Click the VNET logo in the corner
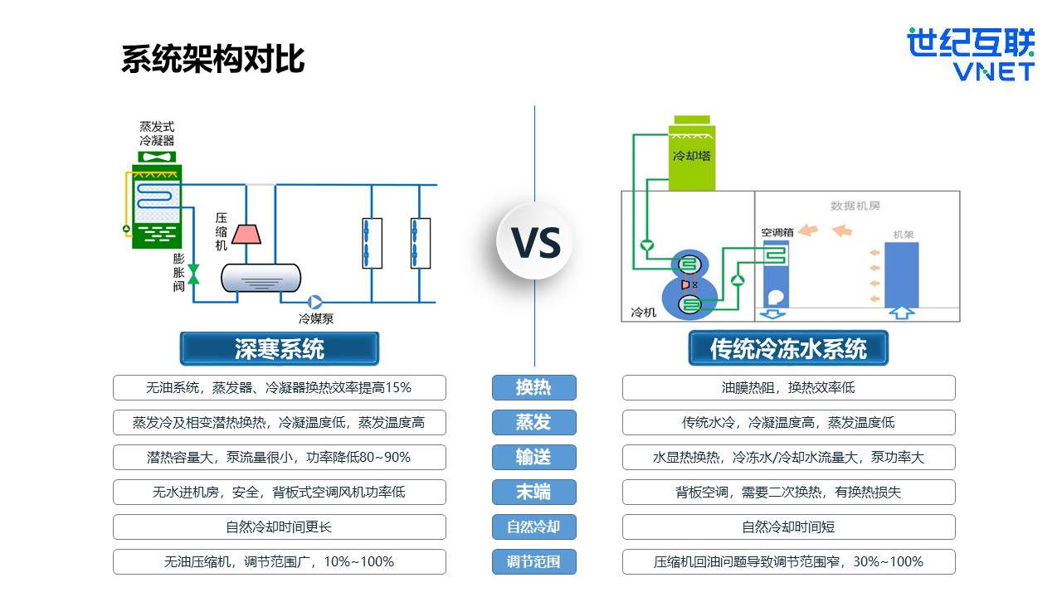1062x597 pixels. pyautogui.click(x=970, y=55)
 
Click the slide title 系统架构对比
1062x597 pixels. pyautogui.click(x=213, y=60)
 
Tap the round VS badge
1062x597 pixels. pyautogui.click(x=536, y=241)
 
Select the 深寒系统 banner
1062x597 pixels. pyautogui.click(x=279, y=349)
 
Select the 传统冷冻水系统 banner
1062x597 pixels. pyautogui.click(x=787, y=349)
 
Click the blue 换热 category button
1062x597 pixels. pyautogui.click(x=533, y=387)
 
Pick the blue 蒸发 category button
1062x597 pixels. pyautogui.click(x=533, y=422)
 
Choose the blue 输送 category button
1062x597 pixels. pyautogui.click(x=533, y=457)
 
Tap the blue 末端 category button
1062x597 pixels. pyautogui.click(x=533, y=492)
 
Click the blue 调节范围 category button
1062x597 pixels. pyautogui.click(x=533, y=561)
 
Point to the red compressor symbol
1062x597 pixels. pyautogui.click(x=246, y=234)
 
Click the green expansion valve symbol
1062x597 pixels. pyautogui.click(x=193, y=274)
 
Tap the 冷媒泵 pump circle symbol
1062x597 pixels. pyautogui.click(x=315, y=303)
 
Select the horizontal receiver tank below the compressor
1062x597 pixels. pyautogui.click(x=261, y=278)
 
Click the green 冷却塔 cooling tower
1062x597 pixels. pyautogui.click(x=691, y=158)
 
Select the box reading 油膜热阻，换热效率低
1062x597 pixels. pyautogui.click(x=788, y=387)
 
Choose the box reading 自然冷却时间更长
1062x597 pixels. pyautogui.click(x=279, y=527)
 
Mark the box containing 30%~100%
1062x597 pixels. pyautogui.click(x=788, y=561)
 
